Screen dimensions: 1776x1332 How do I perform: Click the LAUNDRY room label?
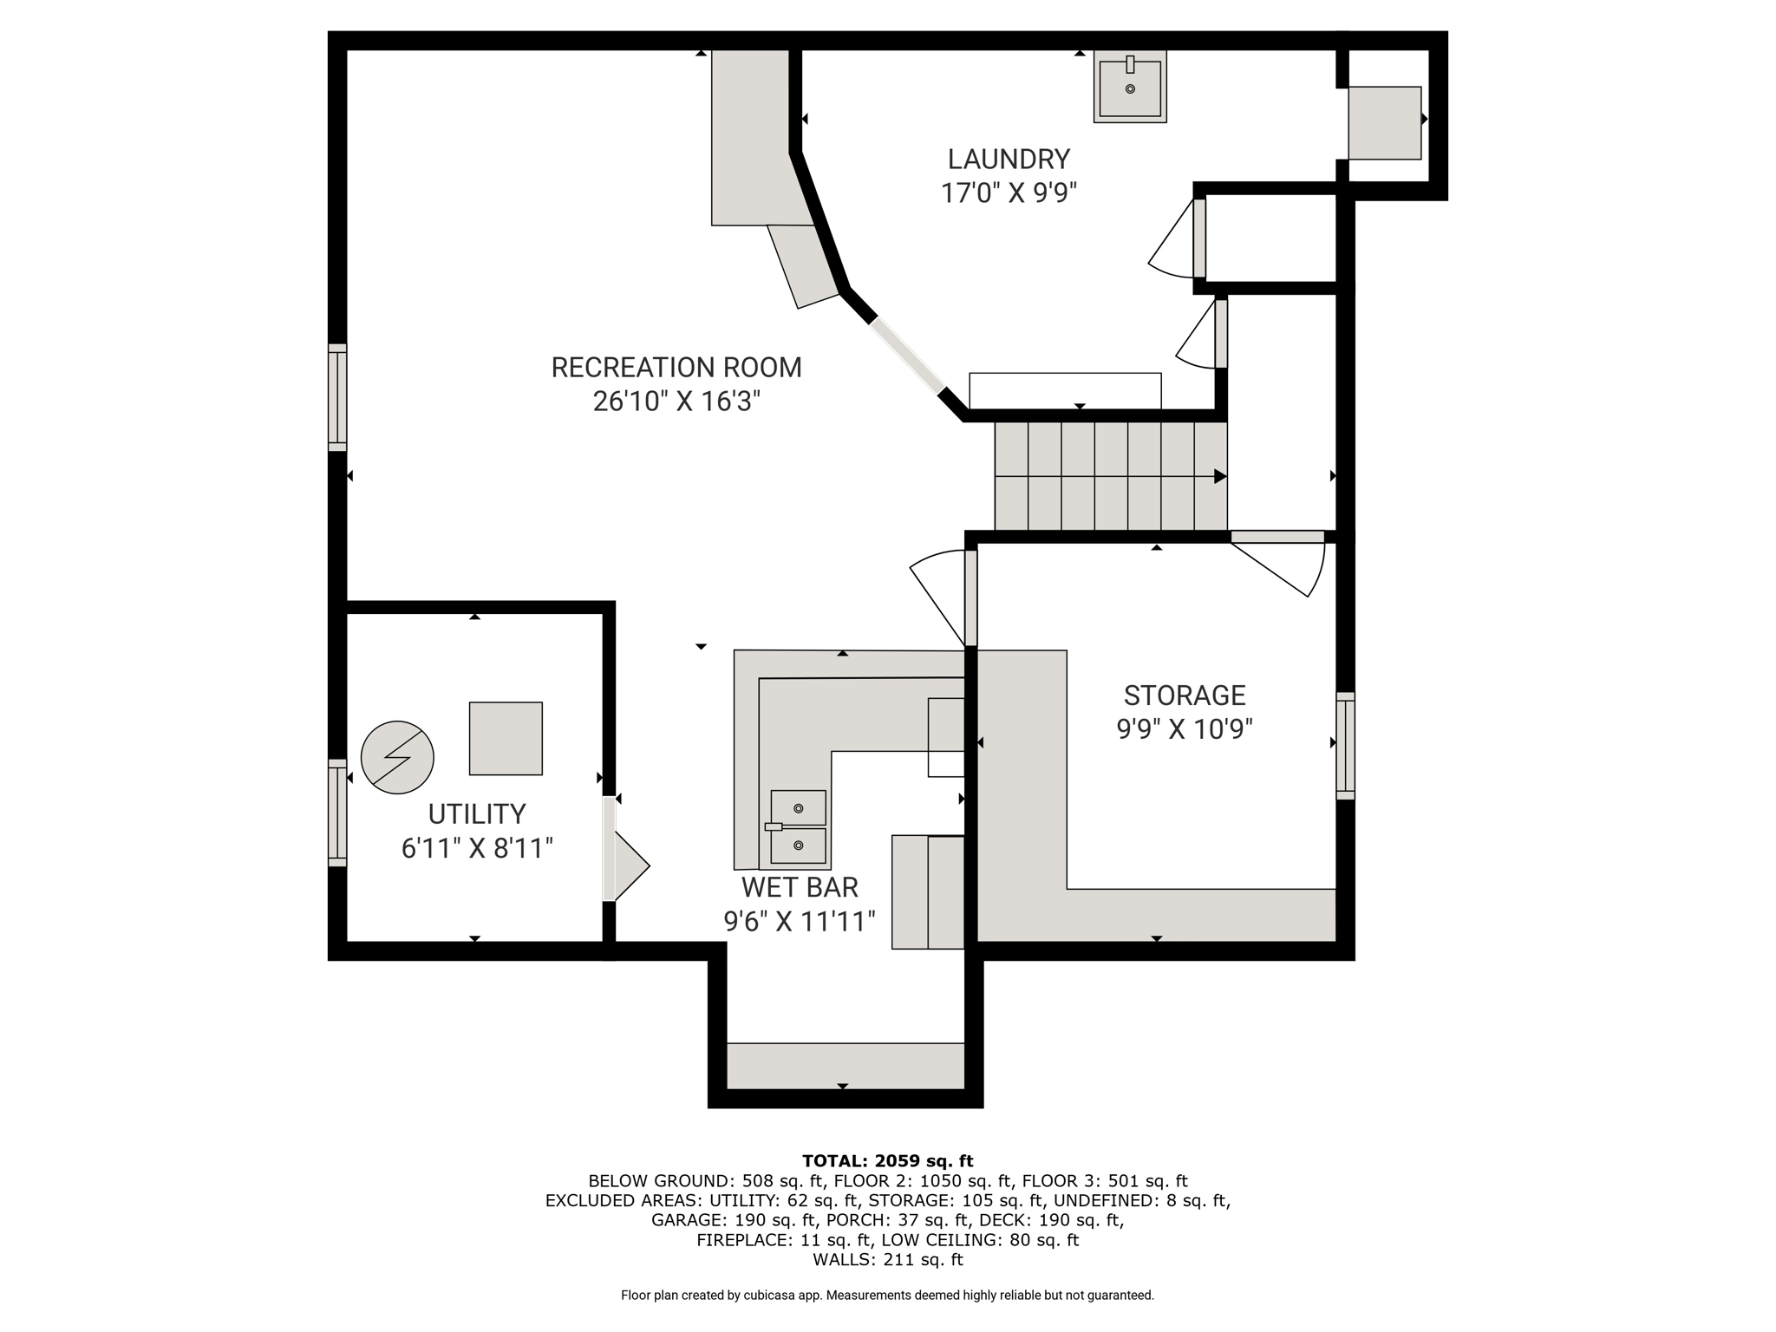point(1009,160)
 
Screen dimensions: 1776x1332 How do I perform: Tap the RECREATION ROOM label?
point(676,368)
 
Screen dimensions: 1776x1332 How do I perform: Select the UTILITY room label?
point(477,814)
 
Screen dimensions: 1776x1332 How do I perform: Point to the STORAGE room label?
point(1185,695)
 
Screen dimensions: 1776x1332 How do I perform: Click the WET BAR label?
point(800,887)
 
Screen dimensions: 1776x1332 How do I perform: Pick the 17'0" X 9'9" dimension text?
point(1009,193)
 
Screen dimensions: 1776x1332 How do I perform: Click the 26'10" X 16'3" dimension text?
point(676,402)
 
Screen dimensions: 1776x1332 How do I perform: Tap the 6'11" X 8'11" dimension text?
point(477,848)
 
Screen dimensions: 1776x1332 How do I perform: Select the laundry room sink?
point(1130,87)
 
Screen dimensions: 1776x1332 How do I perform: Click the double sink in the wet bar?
point(797,827)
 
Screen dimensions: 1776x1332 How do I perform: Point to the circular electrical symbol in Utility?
point(397,757)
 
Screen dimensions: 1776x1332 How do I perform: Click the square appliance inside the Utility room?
point(506,739)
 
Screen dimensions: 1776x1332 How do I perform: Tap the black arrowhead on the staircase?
point(1220,476)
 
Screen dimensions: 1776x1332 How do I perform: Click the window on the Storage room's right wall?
point(1345,746)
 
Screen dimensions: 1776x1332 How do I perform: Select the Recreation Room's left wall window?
point(337,397)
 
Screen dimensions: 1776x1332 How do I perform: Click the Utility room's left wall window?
point(337,813)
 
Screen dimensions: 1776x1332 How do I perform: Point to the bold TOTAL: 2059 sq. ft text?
point(888,1161)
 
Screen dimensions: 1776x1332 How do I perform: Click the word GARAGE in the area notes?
point(689,1220)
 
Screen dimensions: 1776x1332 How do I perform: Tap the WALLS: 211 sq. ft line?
point(888,1260)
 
